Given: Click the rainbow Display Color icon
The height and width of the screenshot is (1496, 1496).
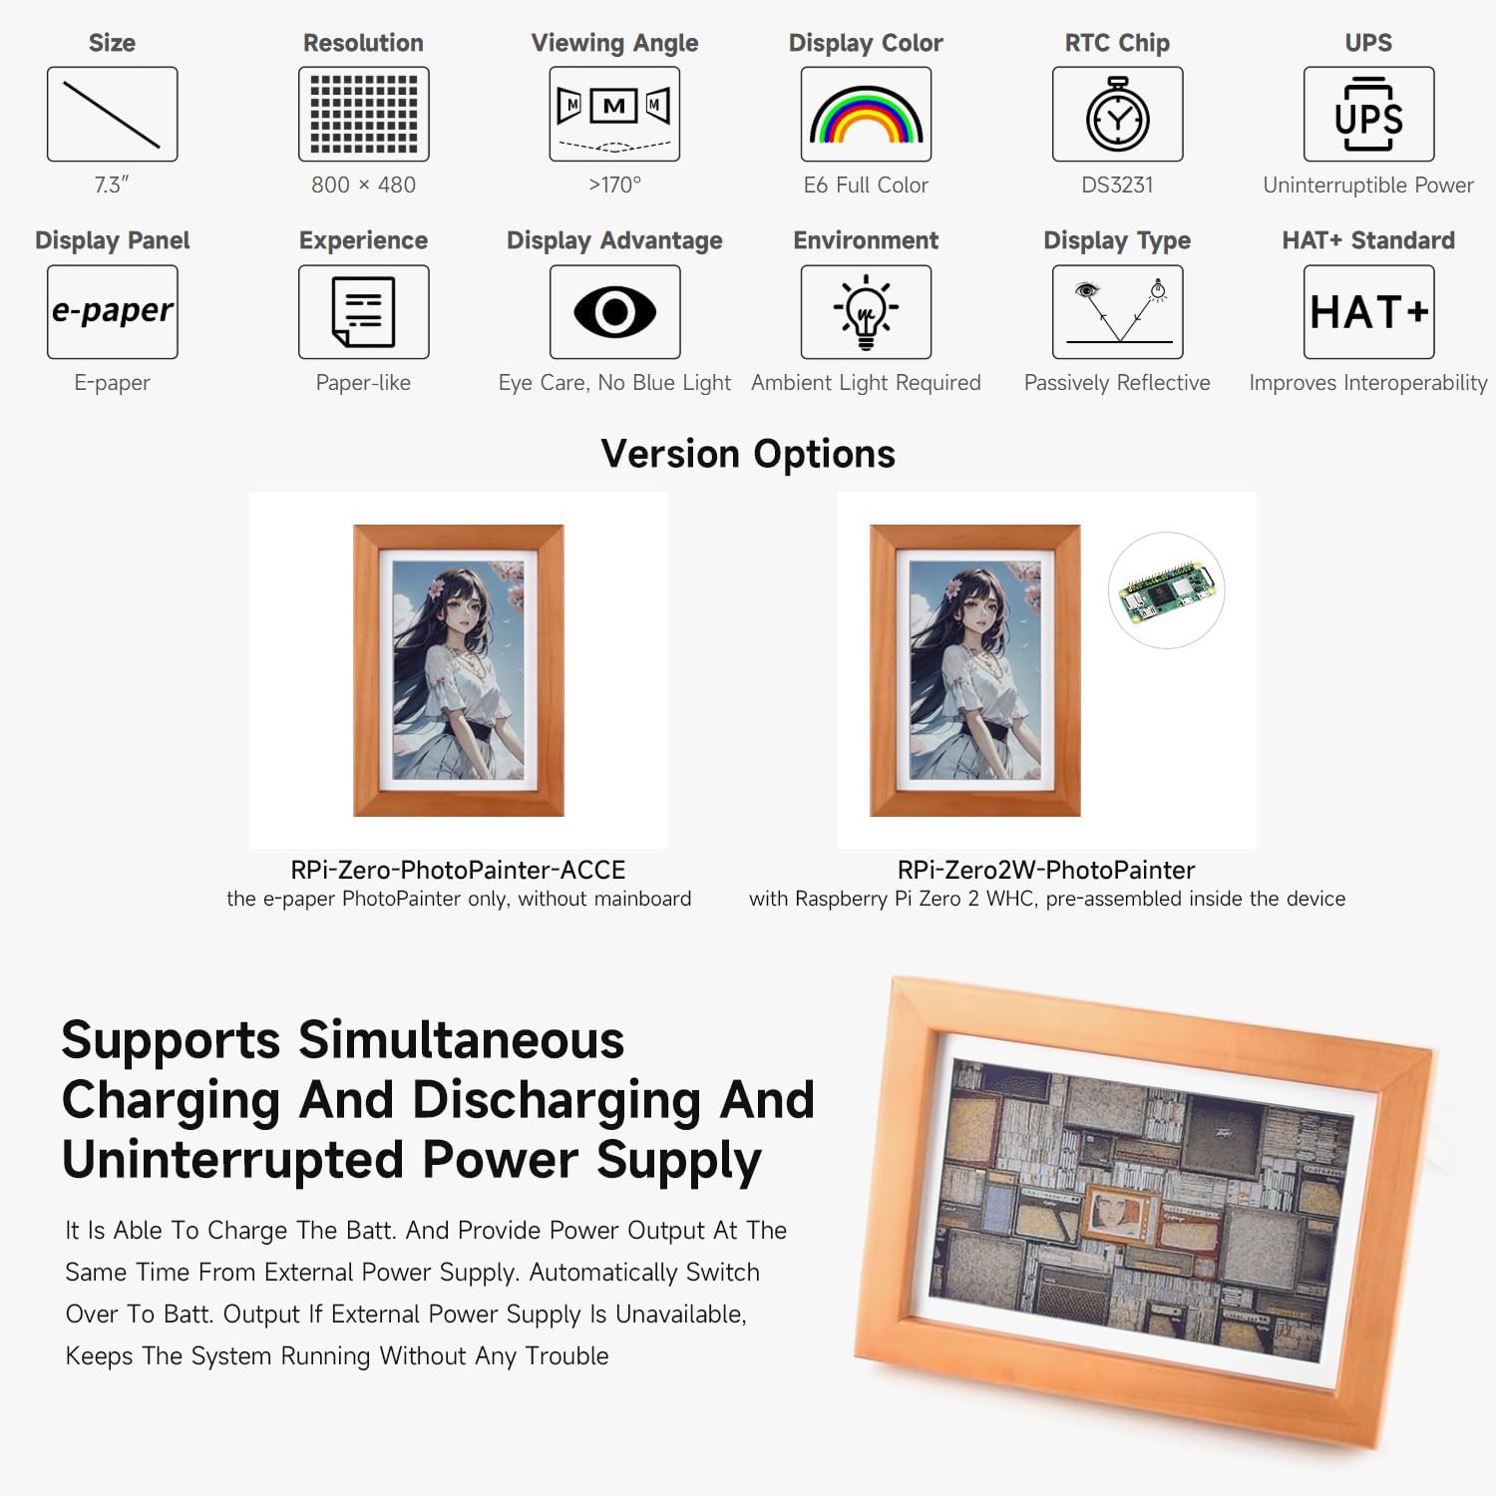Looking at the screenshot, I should click(x=866, y=115).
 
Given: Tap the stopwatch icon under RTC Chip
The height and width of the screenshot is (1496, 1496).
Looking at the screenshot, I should click(x=1117, y=115).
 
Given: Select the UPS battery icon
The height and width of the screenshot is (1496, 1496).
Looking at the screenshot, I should click(x=1368, y=115).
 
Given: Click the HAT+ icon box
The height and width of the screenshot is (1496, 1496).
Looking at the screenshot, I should click(x=1368, y=312).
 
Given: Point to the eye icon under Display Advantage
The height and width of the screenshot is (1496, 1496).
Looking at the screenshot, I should click(x=614, y=312).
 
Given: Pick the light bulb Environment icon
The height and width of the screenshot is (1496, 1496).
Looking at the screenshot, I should click(x=866, y=312).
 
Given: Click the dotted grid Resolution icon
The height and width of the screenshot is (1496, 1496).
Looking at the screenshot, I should click(x=363, y=115).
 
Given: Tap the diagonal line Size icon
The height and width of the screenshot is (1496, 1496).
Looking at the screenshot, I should click(x=112, y=115).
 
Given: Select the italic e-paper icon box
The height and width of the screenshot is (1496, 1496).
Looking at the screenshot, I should click(x=112, y=312).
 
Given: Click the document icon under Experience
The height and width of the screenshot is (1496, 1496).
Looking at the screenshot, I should click(x=363, y=312).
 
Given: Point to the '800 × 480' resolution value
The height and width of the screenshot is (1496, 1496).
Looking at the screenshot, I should click(x=363, y=185).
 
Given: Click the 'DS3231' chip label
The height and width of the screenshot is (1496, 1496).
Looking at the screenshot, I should click(x=1117, y=185).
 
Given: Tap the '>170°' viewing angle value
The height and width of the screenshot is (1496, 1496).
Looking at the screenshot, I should click(x=614, y=185).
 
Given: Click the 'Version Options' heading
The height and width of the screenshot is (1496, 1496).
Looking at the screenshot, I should click(x=748, y=454).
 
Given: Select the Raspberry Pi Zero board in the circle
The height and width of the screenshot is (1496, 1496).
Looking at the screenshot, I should click(x=1166, y=590).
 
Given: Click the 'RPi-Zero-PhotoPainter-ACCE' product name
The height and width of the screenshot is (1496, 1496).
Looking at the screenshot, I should click(x=458, y=870).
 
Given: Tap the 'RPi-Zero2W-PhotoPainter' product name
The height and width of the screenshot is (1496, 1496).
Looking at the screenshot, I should click(x=1046, y=870).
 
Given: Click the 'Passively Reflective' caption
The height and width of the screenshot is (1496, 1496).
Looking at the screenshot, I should click(x=1117, y=383).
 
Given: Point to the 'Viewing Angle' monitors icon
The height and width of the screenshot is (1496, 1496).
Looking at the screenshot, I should click(x=614, y=115).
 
